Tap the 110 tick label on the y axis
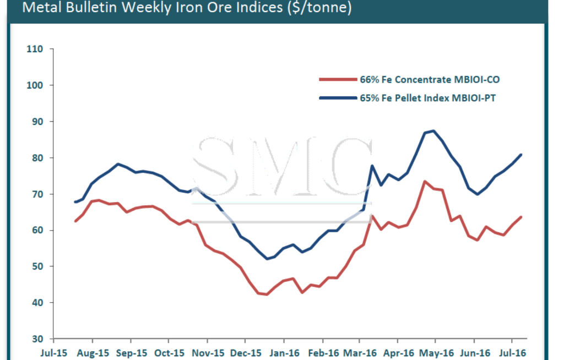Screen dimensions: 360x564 pos(35,49)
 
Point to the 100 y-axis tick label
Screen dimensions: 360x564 pos(35,85)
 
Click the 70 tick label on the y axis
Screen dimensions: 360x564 pos(37,194)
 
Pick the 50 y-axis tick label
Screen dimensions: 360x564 pos(37,266)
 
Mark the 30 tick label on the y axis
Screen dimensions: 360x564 pos(37,339)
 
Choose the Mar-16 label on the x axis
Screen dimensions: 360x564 pos(361,352)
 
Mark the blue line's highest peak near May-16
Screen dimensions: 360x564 pos(434,130)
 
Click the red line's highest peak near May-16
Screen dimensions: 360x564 pos(425,181)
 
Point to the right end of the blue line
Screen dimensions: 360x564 pos(521,155)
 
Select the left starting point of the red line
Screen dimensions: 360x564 pos(75,221)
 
